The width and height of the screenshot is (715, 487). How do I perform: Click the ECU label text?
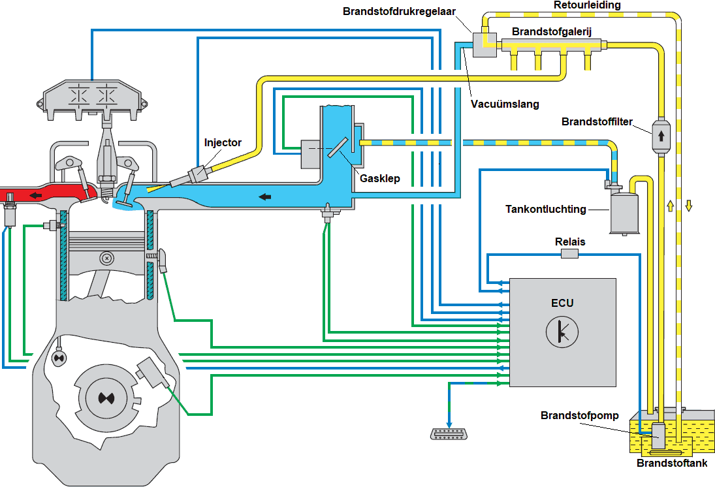pos(562,303)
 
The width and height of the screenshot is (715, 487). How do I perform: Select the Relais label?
pos(569,242)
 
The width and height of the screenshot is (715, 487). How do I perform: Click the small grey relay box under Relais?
pos(569,255)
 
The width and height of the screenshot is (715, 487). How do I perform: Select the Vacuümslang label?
pos(500,103)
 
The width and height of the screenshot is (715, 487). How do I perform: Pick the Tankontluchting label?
pos(546,210)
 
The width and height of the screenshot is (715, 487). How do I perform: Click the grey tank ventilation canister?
pos(626,212)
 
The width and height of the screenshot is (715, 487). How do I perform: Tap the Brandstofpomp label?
pos(580,416)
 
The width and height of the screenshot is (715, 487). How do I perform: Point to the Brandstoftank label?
pos(672,463)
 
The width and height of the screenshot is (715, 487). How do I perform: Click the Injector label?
pos(223,142)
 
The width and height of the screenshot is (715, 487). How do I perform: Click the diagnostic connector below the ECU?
pos(449,435)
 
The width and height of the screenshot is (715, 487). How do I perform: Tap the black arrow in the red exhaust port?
pos(32,195)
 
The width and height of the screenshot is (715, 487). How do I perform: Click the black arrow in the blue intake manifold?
pos(264,195)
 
